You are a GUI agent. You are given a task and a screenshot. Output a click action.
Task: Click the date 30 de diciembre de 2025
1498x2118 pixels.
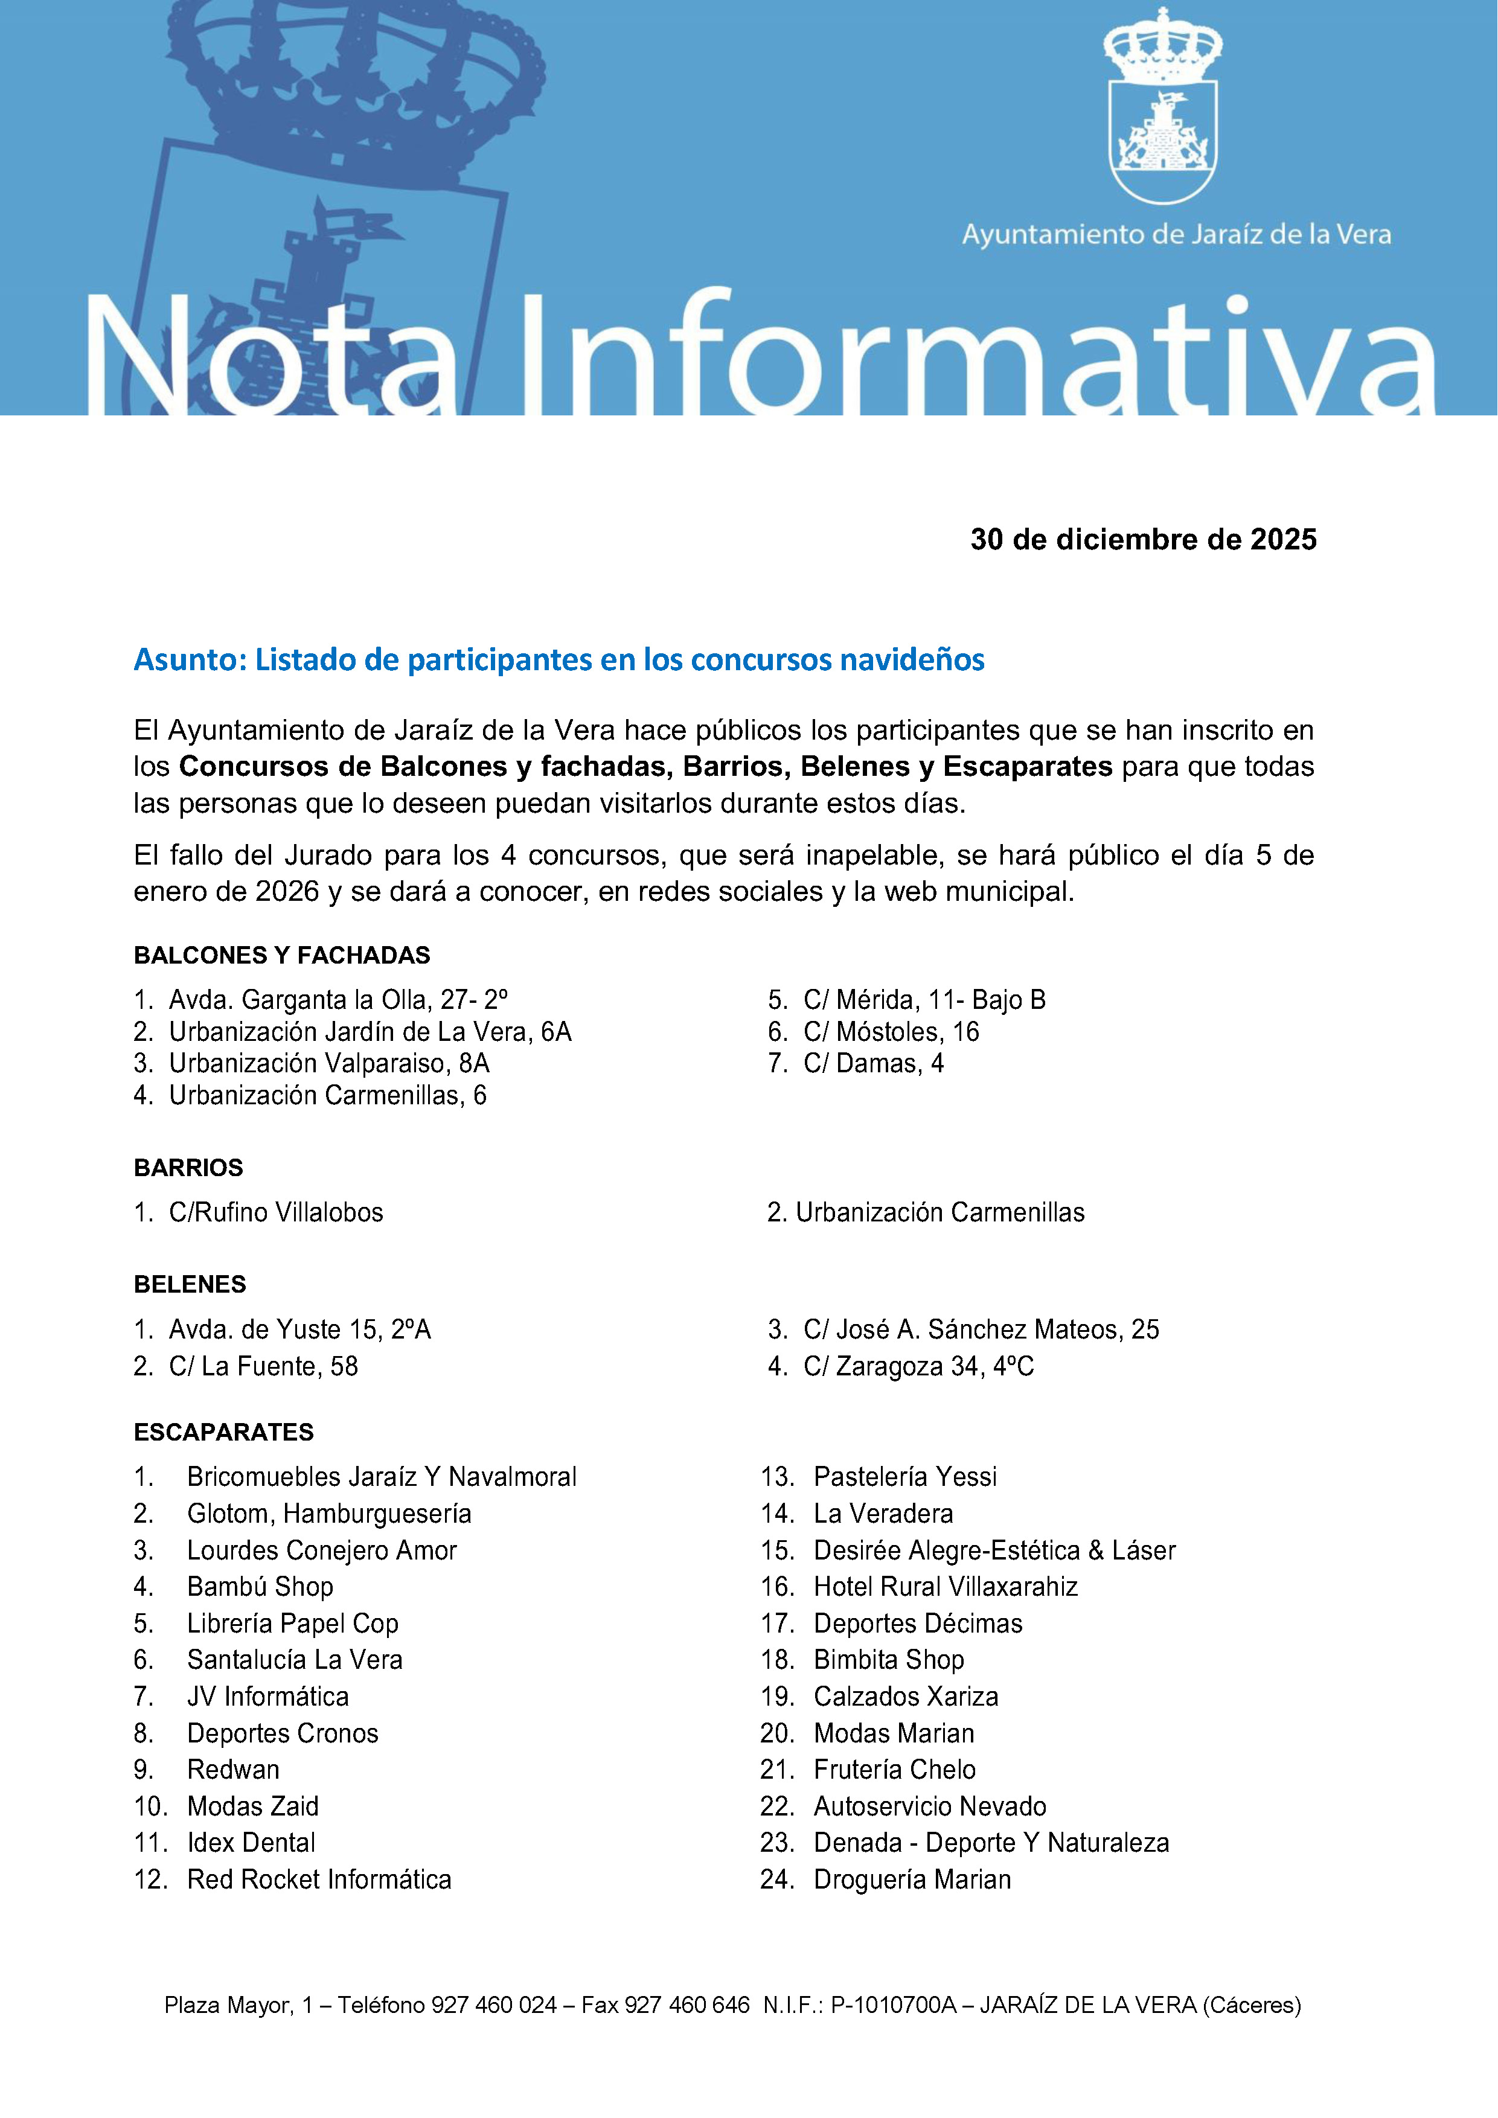click(1143, 540)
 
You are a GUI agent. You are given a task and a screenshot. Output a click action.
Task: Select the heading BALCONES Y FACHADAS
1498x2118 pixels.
click(281, 956)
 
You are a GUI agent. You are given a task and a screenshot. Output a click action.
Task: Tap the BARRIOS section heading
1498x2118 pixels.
click(188, 1168)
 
